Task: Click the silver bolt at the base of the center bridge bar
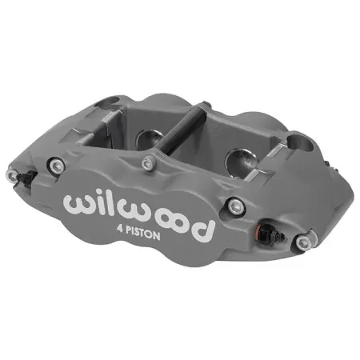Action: pyautogui.click(x=147, y=163)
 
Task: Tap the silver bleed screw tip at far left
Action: pyautogui.click(x=11, y=177)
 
